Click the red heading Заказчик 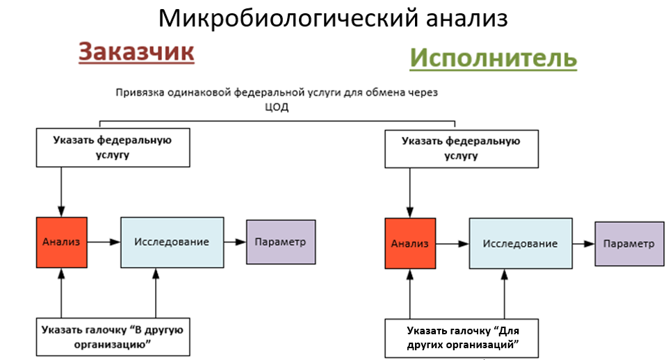coord(136,52)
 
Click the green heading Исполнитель coord(492,58)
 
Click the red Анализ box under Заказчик coord(62,242)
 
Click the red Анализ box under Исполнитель coord(410,243)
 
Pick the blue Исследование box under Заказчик coord(172,242)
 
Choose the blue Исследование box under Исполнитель coord(521,243)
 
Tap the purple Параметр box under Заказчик coord(281,241)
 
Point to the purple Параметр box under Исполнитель coord(629,244)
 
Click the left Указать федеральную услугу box coord(113,147)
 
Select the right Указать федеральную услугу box coord(462,147)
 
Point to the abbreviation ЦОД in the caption coord(277,108)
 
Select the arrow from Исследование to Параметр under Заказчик coord(235,242)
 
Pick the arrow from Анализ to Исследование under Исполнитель coord(452,244)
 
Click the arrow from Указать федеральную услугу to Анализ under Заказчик coord(62,191)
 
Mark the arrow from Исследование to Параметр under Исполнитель coord(584,244)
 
